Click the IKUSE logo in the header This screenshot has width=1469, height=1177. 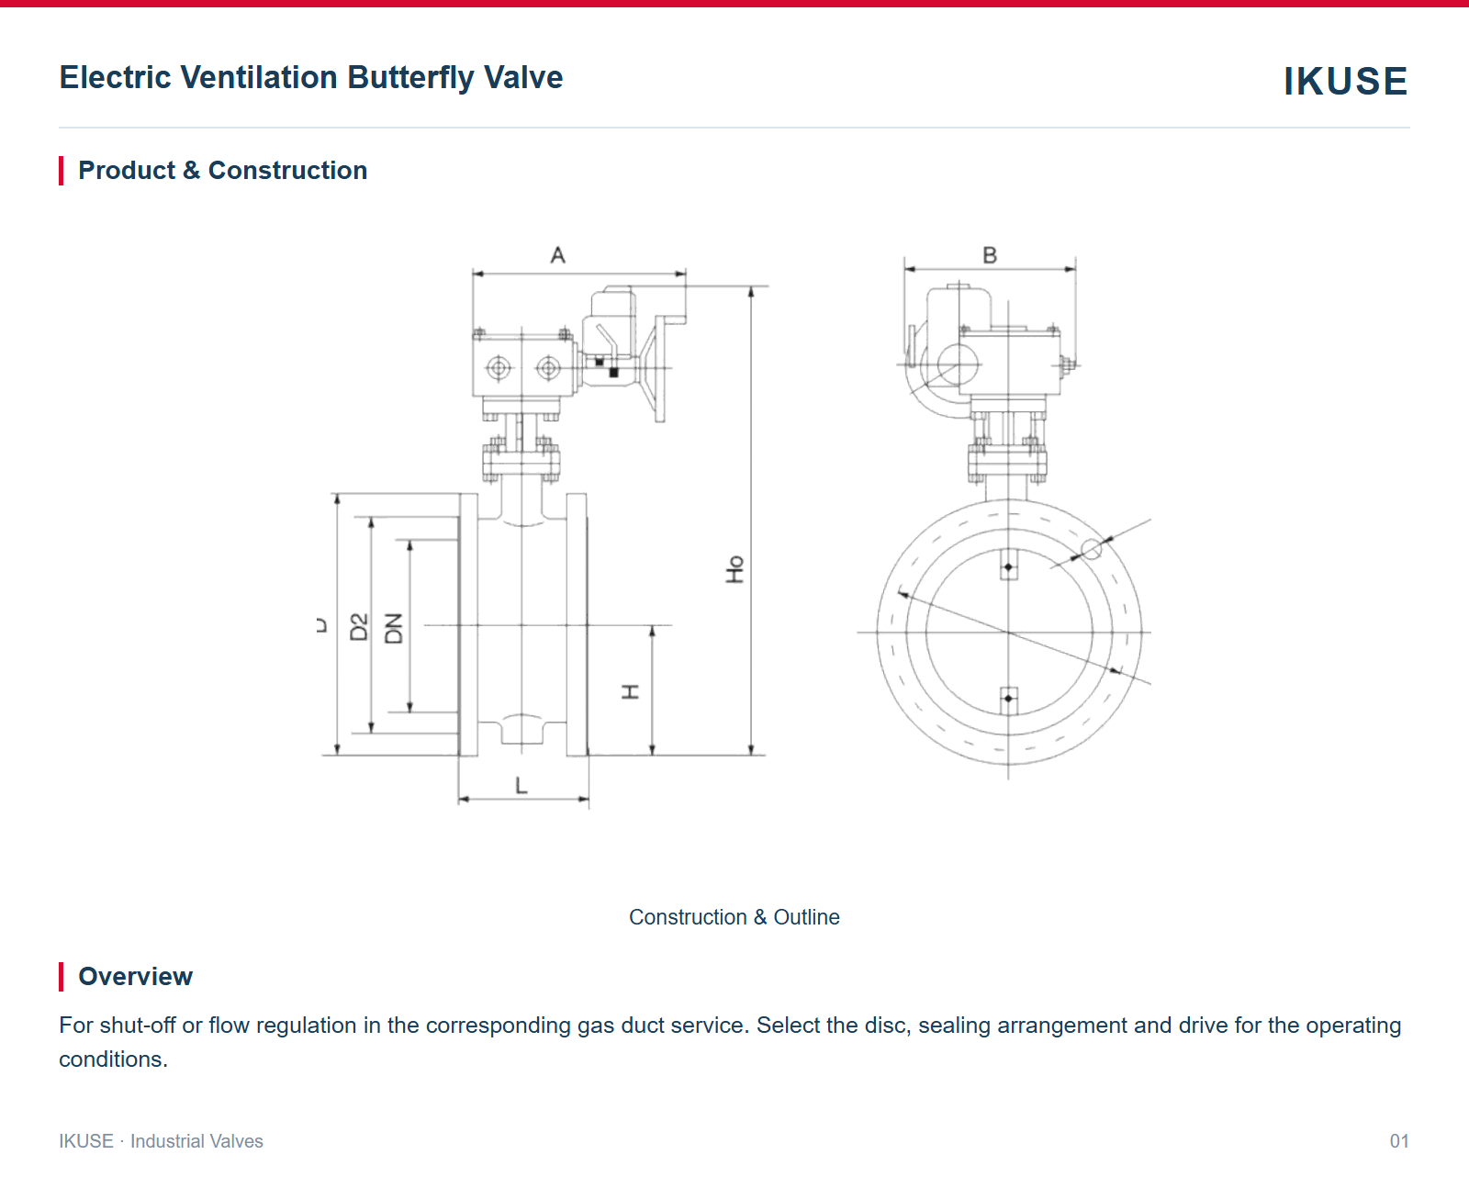pyautogui.click(x=1345, y=81)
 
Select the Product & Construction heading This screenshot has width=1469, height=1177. pyautogui.click(x=222, y=170)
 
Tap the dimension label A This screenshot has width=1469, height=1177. pyautogui.click(x=557, y=255)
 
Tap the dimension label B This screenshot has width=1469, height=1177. pyautogui.click(x=990, y=255)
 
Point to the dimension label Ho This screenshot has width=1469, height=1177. pyautogui.click(x=734, y=569)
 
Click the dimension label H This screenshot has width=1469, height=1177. pyautogui.click(x=630, y=691)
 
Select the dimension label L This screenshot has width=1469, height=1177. pyautogui.click(x=521, y=786)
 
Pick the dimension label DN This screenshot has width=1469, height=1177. pyautogui.click(x=394, y=628)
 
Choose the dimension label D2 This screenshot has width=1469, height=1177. pyautogui.click(x=359, y=627)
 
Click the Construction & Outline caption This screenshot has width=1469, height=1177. pyautogui.click(x=734, y=917)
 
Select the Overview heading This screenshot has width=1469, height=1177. pyautogui.click(x=135, y=976)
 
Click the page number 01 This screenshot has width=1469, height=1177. pyautogui.click(x=1399, y=1141)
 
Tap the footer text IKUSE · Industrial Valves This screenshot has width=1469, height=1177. pyautogui.click(x=161, y=1141)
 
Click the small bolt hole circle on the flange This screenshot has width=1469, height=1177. pyautogui.click(x=1092, y=549)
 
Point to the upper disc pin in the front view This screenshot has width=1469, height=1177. pyautogui.click(x=1008, y=566)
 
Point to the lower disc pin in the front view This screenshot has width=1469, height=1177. pyautogui.click(x=1008, y=699)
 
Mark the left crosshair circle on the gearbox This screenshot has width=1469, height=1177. pyautogui.click(x=499, y=369)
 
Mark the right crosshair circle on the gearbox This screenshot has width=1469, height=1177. pyautogui.click(x=548, y=369)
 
